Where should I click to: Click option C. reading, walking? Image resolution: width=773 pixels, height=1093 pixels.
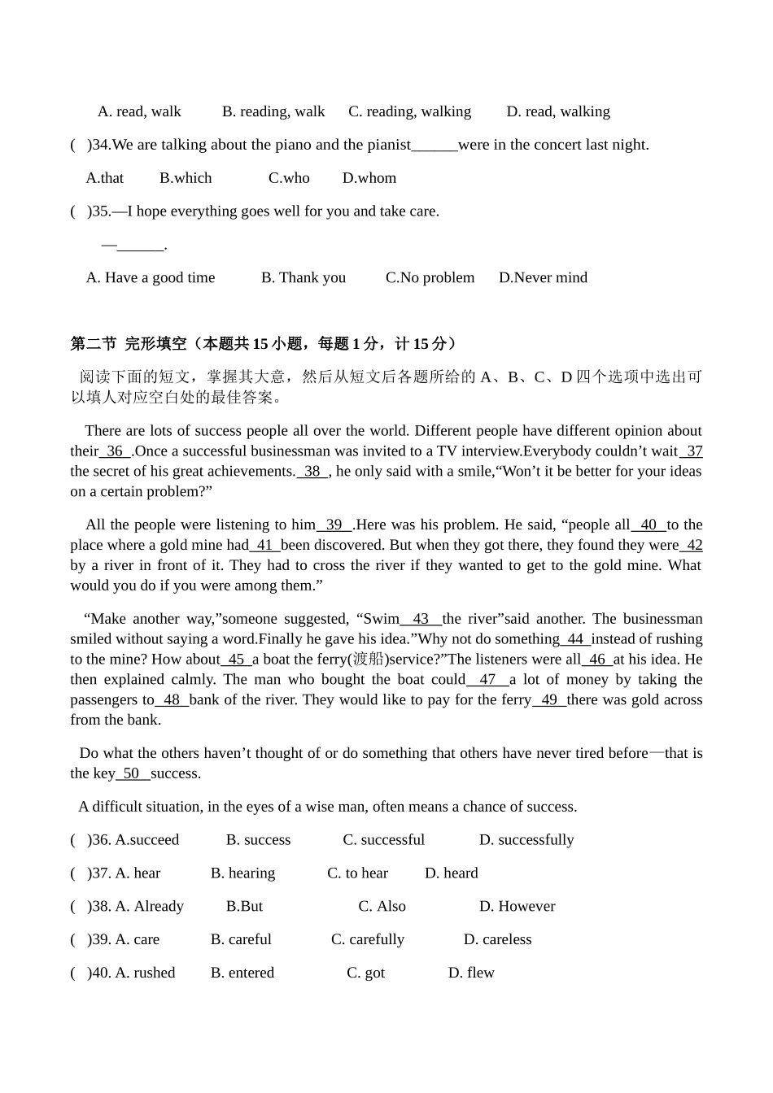[x=409, y=111]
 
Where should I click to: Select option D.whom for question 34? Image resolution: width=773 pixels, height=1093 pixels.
[x=369, y=178]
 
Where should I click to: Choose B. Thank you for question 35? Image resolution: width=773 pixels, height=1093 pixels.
[x=303, y=277]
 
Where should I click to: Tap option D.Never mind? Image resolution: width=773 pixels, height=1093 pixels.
[x=543, y=277]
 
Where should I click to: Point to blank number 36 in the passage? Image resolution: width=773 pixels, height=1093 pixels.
[x=115, y=451]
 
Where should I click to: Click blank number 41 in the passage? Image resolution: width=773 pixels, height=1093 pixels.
[x=264, y=545]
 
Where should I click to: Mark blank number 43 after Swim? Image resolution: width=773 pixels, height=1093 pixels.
[x=421, y=619]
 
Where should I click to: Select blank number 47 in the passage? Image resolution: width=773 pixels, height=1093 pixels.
[x=487, y=680]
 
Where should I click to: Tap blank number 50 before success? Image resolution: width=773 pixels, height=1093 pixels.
[x=132, y=773]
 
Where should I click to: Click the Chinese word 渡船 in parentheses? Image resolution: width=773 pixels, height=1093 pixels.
[x=367, y=660]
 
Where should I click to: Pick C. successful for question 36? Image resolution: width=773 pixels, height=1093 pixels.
[x=383, y=840]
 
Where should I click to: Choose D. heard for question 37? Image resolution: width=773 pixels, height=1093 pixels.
[x=451, y=873]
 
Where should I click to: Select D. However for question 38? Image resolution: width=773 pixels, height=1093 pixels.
[x=517, y=907]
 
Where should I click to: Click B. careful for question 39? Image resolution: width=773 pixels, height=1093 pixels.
[x=241, y=940]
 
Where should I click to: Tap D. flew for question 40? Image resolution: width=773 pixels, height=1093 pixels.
[x=471, y=973]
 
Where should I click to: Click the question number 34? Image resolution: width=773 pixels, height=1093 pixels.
[x=101, y=145]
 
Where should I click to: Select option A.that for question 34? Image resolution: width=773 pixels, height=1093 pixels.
[x=105, y=178]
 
